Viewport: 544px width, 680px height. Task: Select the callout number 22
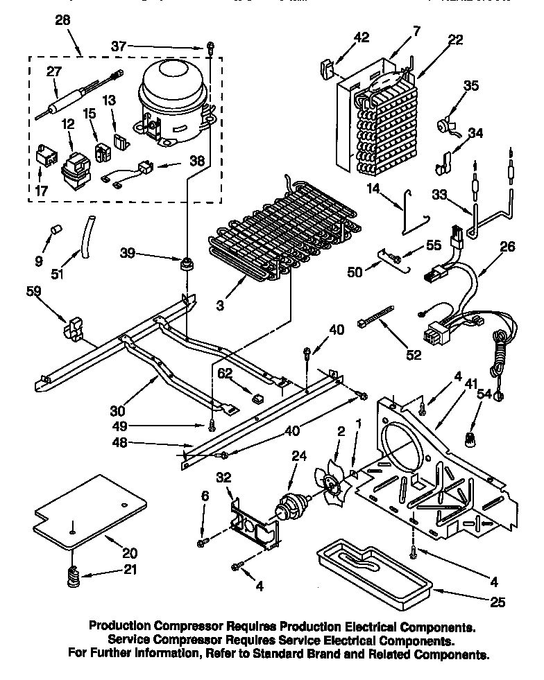pos(454,40)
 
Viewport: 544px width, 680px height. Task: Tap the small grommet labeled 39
pos(186,265)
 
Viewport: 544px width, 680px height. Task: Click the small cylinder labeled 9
pos(54,230)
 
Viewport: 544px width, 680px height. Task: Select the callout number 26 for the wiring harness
pos(507,246)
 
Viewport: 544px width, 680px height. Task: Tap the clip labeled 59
pos(74,329)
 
